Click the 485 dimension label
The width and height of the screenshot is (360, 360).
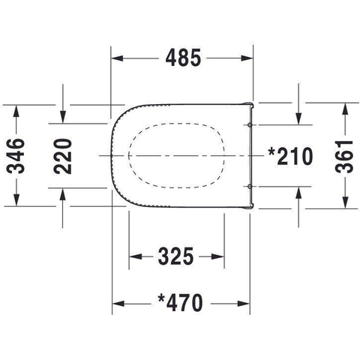click(x=183, y=58)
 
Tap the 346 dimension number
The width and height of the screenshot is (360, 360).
click(x=16, y=156)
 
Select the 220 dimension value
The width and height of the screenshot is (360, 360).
click(x=63, y=156)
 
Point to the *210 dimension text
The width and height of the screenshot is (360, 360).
click(x=290, y=156)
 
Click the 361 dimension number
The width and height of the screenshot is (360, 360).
click(x=344, y=157)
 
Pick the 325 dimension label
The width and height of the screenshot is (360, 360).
click(x=176, y=256)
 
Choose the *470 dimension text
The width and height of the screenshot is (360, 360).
click(x=180, y=303)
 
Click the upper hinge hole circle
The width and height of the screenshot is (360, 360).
click(x=249, y=124)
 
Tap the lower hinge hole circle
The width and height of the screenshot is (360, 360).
click(x=249, y=186)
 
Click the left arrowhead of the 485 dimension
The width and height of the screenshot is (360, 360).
click(x=117, y=58)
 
